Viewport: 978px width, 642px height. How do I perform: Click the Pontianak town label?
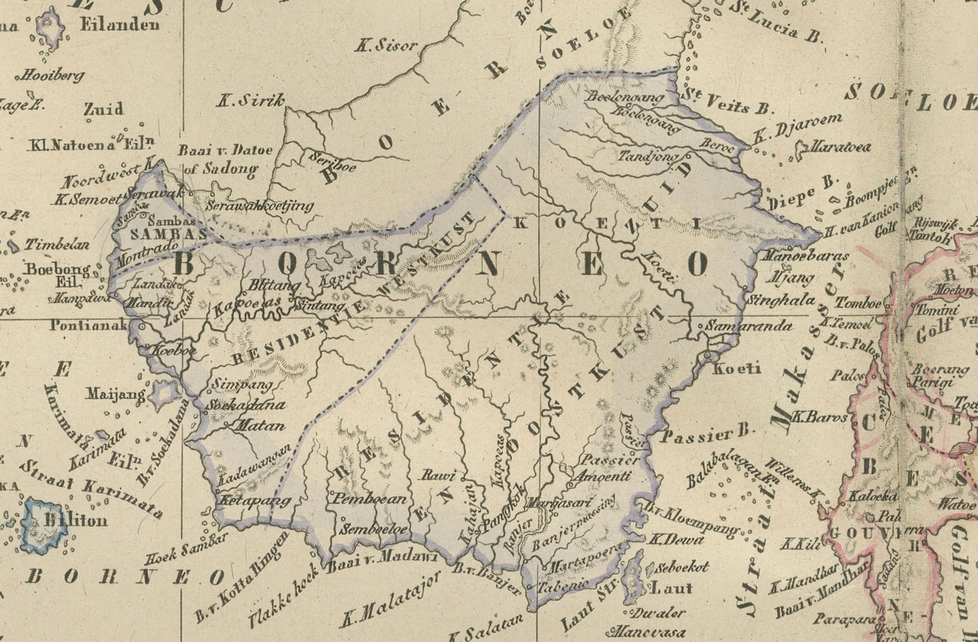pos(88,325)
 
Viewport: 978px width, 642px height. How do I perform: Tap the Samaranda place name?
pos(748,326)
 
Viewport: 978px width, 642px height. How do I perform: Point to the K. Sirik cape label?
pos(250,100)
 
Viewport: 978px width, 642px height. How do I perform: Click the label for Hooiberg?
pos(51,76)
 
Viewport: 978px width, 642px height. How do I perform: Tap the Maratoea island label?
pos(838,147)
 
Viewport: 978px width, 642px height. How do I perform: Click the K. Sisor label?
pos(386,46)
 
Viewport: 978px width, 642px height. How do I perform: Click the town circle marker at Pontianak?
pos(142,326)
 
